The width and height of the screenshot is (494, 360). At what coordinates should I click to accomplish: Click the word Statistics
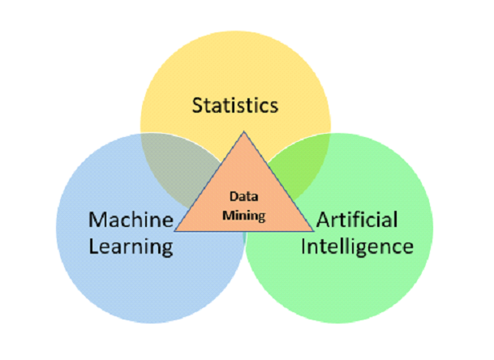(x=234, y=105)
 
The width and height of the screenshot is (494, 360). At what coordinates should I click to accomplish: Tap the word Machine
(x=131, y=219)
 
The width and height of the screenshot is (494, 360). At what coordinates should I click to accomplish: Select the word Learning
(x=131, y=245)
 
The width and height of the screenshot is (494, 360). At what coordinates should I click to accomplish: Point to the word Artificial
(x=358, y=219)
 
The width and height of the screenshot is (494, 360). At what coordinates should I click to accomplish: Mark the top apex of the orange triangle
(x=241, y=132)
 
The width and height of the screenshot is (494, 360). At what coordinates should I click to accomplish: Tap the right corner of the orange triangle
(x=310, y=231)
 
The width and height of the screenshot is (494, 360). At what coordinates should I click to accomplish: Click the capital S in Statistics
(x=196, y=105)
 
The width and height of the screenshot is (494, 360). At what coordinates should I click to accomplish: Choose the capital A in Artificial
(x=323, y=219)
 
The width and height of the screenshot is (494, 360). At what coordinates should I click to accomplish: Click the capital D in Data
(x=230, y=195)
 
